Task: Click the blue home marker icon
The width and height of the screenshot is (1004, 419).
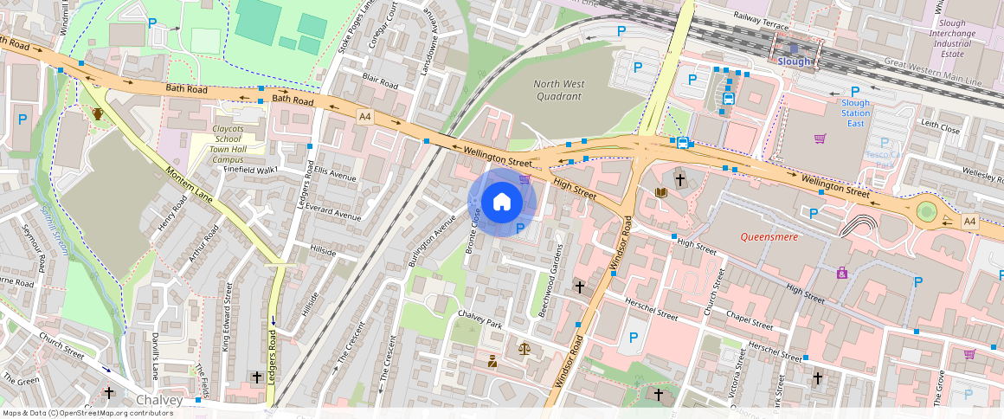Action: tap(502, 203)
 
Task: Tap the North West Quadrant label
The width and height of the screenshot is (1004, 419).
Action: tap(558, 90)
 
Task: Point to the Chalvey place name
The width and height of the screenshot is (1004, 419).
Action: tap(159, 400)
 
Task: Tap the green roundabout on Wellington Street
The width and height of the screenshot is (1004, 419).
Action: tap(927, 211)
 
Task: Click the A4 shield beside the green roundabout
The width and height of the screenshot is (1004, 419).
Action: tap(969, 222)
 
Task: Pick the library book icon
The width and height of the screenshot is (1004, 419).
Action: tap(662, 192)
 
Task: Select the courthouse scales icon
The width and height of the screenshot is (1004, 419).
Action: tap(524, 348)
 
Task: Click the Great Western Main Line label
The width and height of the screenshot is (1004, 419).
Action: tap(933, 73)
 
